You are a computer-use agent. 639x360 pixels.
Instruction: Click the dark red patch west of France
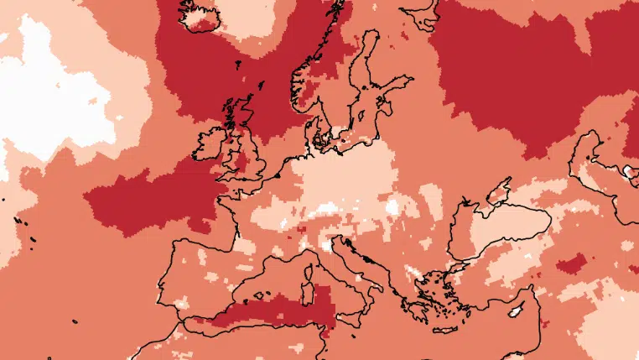[x=151, y=201]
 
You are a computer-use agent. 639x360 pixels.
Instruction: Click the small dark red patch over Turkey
[x=570, y=266]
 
